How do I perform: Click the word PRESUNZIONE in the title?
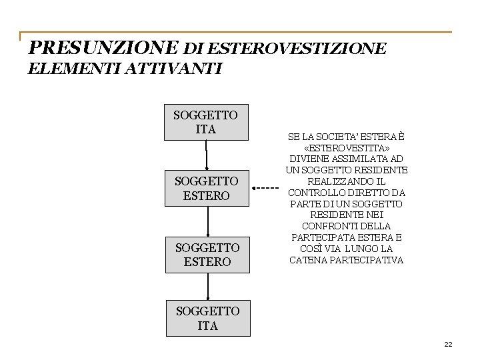(x=104, y=48)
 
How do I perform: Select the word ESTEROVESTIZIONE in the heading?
(x=297, y=49)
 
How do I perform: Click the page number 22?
(x=448, y=344)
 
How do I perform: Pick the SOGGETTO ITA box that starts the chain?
(x=205, y=122)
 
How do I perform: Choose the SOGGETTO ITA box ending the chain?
(x=208, y=319)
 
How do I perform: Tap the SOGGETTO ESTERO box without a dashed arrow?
(x=207, y=255)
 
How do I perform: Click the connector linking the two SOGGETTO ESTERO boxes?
(x=208, y=221)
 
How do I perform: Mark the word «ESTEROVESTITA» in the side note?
(x=347, y=147)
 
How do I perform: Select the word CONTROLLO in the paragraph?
(x=313, y=193)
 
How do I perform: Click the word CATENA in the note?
(x=306, y=260)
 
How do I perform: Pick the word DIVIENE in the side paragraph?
(x=307, y=159)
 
